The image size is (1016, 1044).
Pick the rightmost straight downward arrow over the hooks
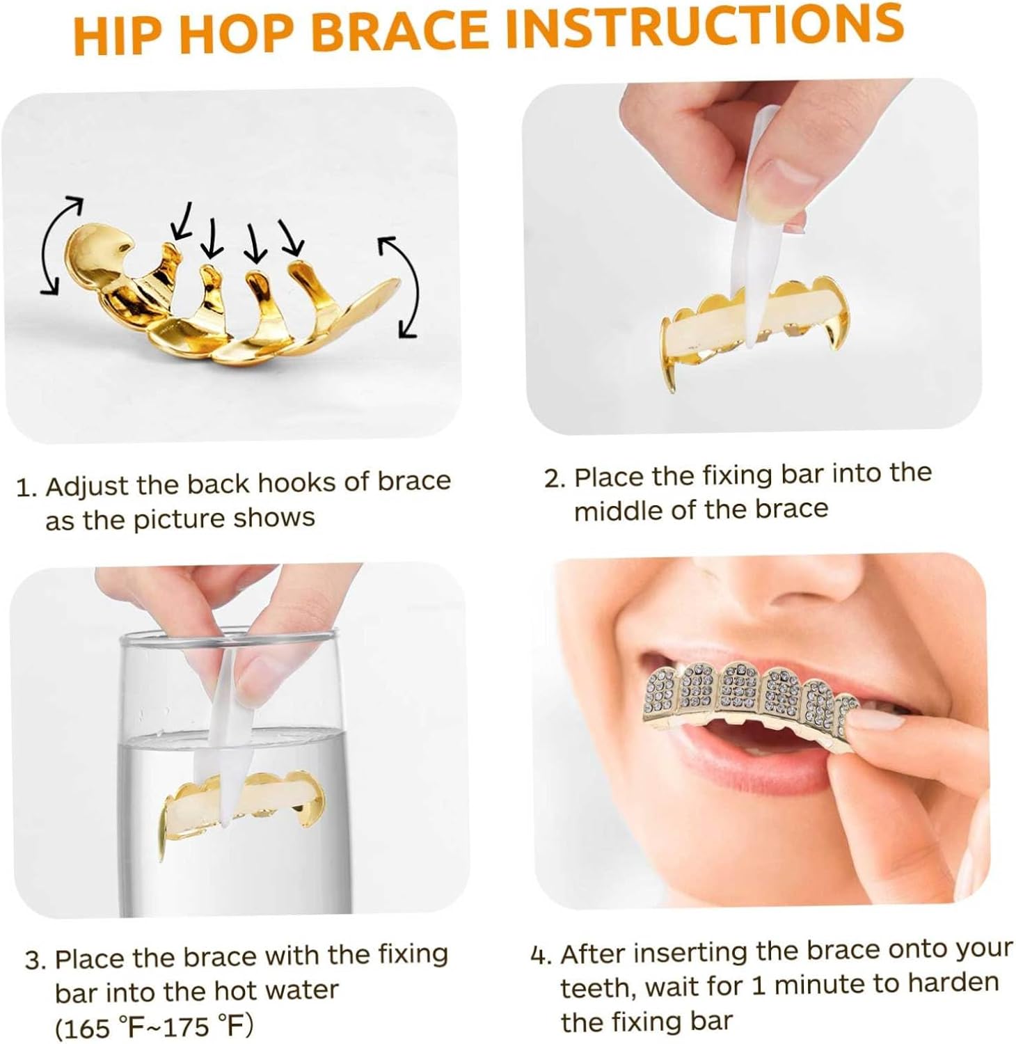pyautogui.click(x=291, y=237)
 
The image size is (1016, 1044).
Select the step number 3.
pyautogui.click(x=35, y=961)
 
